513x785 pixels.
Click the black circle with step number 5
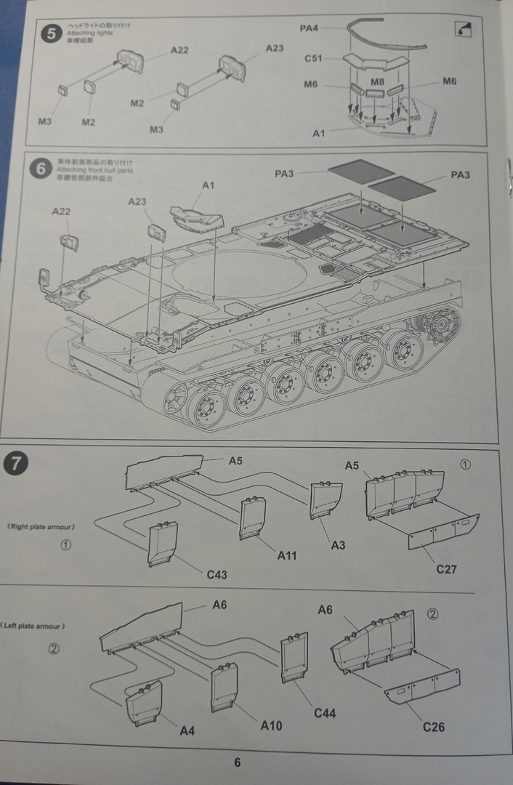50,33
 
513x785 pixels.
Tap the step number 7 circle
16,462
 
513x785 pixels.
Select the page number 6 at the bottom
237,762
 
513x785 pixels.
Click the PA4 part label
310,28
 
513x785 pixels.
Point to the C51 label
314,57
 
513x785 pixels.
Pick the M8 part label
377,81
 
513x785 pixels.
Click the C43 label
217,574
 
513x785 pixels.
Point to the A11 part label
287,555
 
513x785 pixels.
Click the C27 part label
446,568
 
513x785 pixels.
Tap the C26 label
434,726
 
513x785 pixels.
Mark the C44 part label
325,713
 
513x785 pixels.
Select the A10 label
270,725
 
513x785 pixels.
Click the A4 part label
187,730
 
